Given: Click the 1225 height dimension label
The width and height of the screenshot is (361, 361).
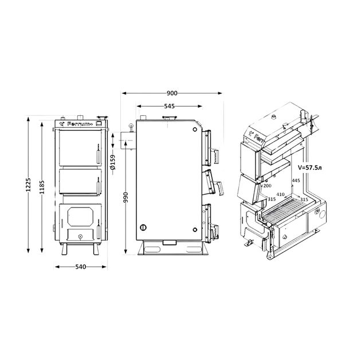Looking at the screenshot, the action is point(28,185).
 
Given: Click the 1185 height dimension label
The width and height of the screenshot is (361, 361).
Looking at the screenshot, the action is point(42,187).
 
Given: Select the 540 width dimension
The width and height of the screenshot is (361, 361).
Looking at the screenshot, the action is point(81,266).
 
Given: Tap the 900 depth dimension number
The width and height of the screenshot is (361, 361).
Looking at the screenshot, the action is point(172,93).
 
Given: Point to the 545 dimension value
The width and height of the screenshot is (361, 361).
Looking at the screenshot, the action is point(170,106).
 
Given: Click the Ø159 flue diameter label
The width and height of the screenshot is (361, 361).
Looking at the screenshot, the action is point(112,162).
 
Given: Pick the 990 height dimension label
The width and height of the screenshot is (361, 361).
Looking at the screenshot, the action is point(125,197).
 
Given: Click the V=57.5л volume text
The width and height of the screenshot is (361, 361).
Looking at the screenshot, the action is point(309,167).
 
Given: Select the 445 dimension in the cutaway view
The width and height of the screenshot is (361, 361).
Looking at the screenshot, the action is point(296,180).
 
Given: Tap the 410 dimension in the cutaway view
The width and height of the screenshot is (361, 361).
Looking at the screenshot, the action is point(280,194).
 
